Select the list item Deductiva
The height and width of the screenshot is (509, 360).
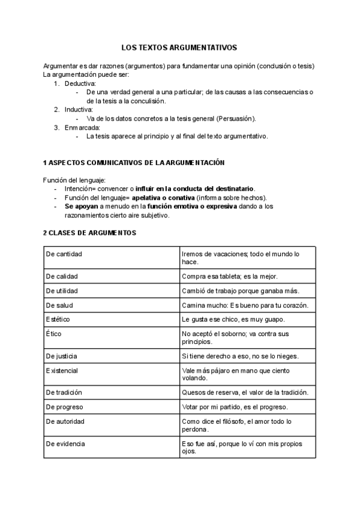pos(80,83)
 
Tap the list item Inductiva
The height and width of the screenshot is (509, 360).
pos(79,110)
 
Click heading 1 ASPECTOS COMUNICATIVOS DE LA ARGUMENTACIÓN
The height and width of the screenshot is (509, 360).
pos(134,163)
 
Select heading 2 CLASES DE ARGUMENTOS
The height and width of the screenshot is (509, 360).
pos(90,232)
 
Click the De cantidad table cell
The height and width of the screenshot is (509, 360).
pos(64,254)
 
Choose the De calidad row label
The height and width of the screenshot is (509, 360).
pos(62,276)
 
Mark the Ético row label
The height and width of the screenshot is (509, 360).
pos(54,333)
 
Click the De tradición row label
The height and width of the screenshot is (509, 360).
pos(64,392)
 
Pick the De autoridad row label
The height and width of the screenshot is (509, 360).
pos(65,421)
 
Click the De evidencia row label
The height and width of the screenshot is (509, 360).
pos(65,444)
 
